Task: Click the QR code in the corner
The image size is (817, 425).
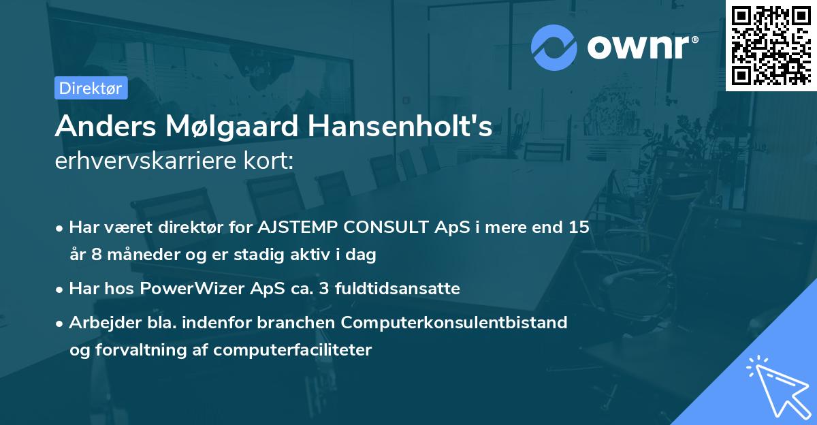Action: tap(771, 45)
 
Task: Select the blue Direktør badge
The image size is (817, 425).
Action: tap(91, 88)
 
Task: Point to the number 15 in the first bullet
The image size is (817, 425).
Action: tap(579, 227)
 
